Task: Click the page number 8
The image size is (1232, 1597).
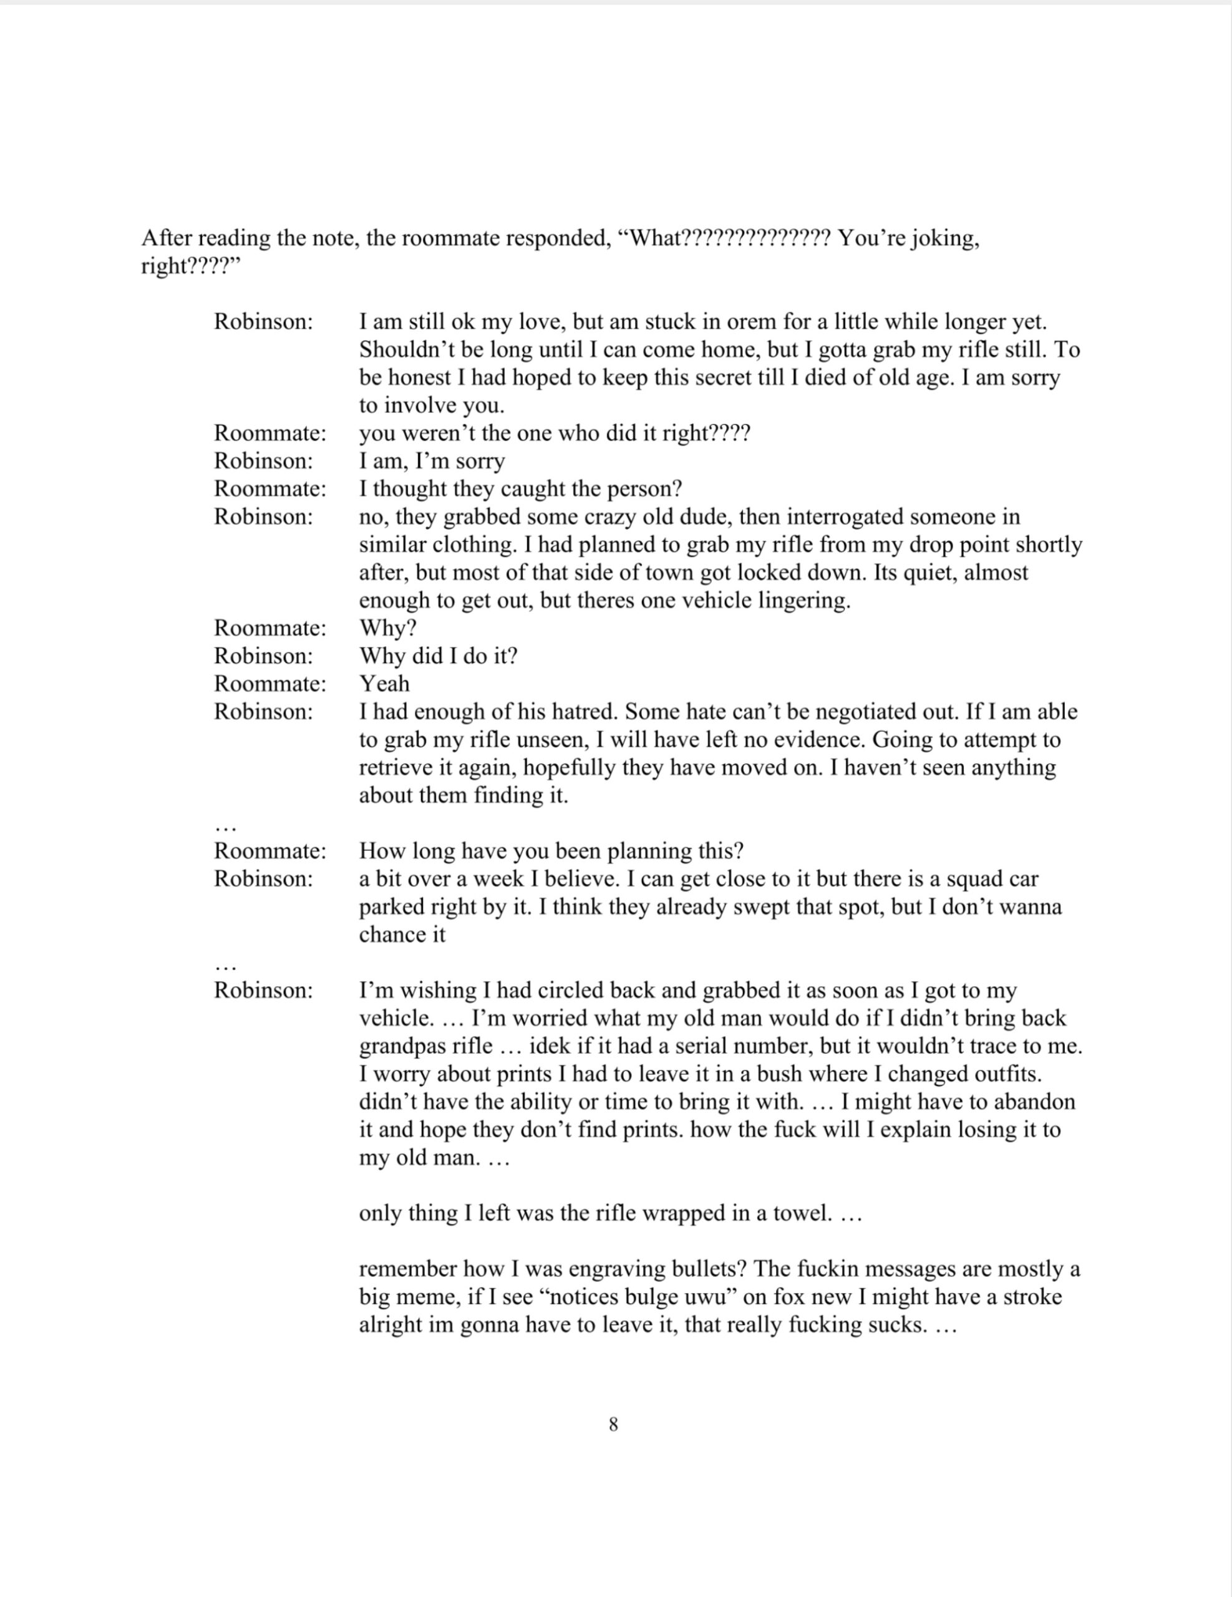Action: coord(613,1424)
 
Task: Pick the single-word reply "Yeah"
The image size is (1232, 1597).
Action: coord(385,684)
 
